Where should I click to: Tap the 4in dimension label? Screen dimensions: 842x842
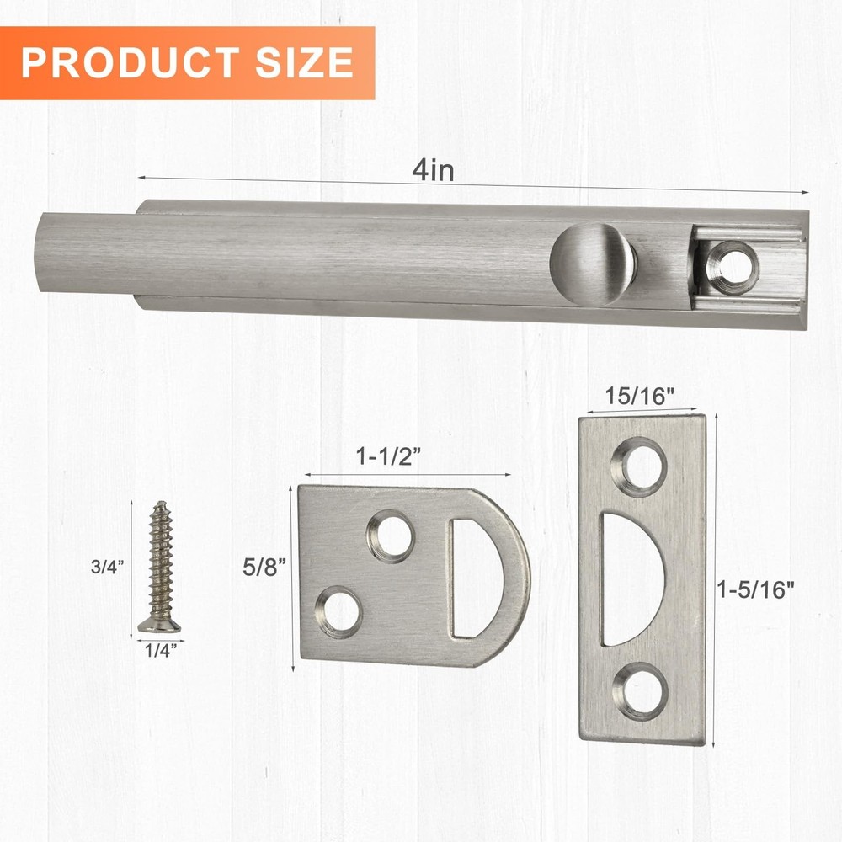[433, 170]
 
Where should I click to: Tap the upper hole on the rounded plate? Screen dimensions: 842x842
[391, 535]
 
